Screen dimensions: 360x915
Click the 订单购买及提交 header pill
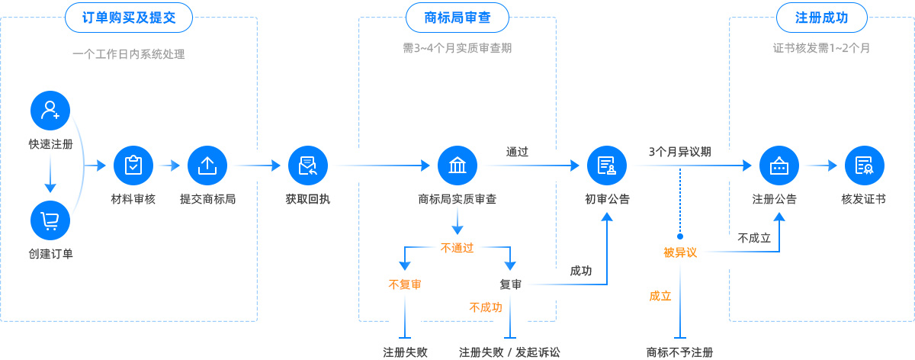click(x=128, y=18)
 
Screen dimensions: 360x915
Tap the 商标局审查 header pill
click(x=457, y=18)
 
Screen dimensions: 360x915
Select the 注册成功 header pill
click(x=821, y=18)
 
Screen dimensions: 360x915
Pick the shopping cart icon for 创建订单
click(x=50, y=221)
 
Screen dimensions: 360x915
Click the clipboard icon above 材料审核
click(x=133, y=166)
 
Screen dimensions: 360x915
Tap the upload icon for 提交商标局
click(x=207, y=166)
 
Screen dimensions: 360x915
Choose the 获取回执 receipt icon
click(x=308, y=166)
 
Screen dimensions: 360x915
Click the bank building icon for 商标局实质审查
click(x=457, y=166)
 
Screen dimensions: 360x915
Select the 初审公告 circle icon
click(x=607, y=166)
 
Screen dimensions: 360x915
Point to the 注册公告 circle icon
click(x=779, y=166)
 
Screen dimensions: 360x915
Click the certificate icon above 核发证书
click(x=864, y=166)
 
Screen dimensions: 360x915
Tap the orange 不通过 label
click(x=457, y=247)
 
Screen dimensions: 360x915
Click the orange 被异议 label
click(x=680, y=252)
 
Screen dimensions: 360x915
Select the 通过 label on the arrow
click(x=517, y=151)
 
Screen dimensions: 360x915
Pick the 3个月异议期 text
click(x=680, y=151)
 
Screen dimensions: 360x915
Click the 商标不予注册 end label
click(x=679, y=352)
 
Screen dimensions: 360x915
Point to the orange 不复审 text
click(x=405, y=284)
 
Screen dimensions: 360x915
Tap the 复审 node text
click(x=511, y=284)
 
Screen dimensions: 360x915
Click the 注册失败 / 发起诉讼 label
click(x=510, y=352)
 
